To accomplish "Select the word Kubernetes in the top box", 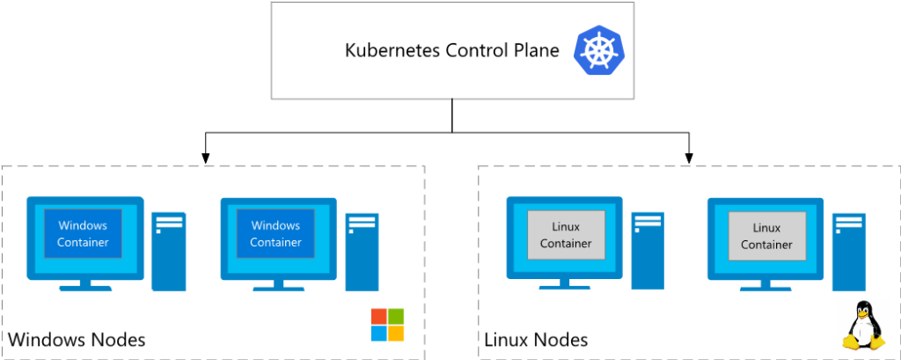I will [388, 50].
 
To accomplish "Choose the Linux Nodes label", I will [536, 340].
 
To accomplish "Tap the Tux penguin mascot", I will [863, 327].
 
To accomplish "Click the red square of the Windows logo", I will [378, 317].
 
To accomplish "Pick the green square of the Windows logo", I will [396, 317].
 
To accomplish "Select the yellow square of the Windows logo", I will [396, 334].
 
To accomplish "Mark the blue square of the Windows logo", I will [378, 334].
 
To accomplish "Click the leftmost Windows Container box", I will [83, 234].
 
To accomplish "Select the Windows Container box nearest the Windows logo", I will [275, 234].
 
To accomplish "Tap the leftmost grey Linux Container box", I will [566, 235].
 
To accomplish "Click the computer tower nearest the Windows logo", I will [362, 251].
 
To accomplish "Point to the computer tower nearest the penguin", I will [847, 251].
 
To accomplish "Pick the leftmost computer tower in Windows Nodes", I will [169, 251].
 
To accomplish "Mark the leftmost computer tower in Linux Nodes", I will [647, 251].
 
